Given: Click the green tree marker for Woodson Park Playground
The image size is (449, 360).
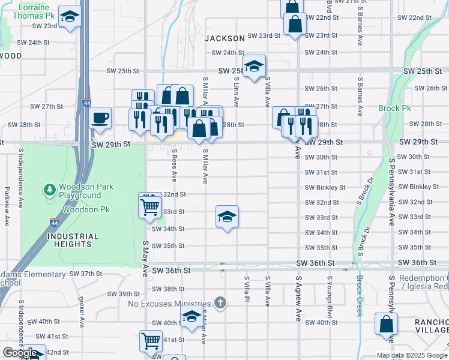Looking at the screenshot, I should pos(49,190).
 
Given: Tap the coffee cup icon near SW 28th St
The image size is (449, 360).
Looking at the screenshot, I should pos(100,117).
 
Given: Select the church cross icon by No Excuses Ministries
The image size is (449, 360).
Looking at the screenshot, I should pos(220,302).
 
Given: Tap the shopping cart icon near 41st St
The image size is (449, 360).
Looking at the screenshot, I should pos(151,340).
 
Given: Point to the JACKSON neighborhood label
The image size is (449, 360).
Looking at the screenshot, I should pos(224,38).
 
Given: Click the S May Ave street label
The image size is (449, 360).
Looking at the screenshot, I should pos(145,259).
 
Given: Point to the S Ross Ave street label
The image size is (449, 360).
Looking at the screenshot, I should pos(174,165).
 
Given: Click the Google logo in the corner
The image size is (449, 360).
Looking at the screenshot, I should pos(19,353).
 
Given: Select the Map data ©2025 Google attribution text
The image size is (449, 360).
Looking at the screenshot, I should pos(411,355).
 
